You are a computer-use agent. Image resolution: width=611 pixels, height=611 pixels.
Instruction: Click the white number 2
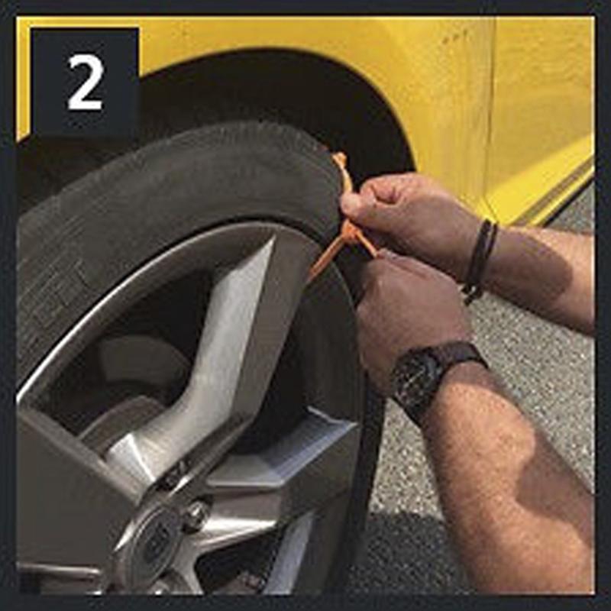point(86,82)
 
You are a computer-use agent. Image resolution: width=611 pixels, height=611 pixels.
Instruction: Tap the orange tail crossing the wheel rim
point(324,260)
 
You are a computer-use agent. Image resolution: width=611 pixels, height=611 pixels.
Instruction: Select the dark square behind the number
point(85,81)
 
